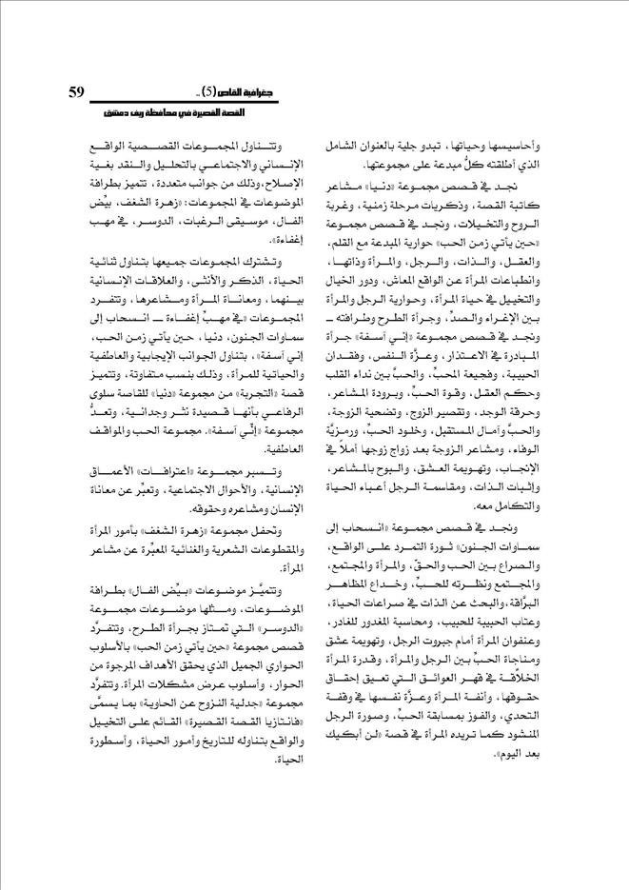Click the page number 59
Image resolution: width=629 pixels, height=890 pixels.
tap(78, 91)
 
